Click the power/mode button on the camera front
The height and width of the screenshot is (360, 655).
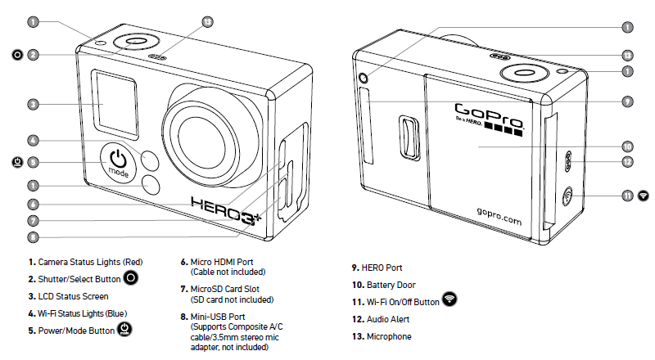click(118, 163)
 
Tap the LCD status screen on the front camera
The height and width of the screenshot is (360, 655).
click(115, 104)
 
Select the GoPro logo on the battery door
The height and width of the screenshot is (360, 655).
click(489, 119)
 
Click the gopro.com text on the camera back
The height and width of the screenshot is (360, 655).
click(499, 216)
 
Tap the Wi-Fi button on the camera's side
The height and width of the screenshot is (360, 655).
click(567, 196)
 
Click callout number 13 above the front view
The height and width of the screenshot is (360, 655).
click(207, 22)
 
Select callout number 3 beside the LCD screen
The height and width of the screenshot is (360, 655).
click(33, 105)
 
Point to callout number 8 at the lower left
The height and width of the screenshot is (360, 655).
click(33, 237)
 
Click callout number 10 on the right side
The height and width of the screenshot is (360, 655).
click(627, 146)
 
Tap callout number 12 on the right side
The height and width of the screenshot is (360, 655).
click(627, 162)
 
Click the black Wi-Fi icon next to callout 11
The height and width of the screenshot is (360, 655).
click(644, 195)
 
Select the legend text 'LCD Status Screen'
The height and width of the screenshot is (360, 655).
click(73, 296)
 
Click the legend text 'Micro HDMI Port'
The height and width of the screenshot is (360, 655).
click(222, 262)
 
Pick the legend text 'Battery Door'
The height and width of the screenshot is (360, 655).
click(391, 285)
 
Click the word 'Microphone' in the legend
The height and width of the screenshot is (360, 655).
click(389, 336)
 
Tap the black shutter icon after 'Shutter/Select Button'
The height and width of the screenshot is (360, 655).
click(131, 277)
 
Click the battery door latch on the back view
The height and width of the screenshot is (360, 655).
click(409, 137)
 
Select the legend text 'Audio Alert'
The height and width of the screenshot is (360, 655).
click(388, 319)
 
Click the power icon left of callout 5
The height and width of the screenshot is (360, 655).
click(17, 162)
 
